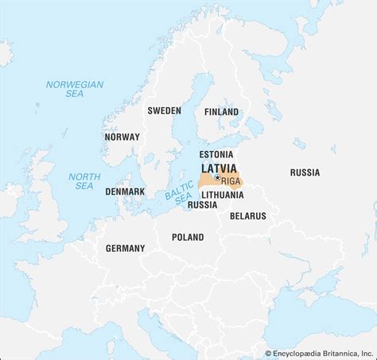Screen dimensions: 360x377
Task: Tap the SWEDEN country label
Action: tap(164, 110)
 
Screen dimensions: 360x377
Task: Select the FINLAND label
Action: tap(221, 112)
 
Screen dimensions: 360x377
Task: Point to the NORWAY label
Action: tap(122, 137)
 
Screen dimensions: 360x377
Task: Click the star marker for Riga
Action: tap(217, 178)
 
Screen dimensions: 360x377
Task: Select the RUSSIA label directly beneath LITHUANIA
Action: tap(203, 204)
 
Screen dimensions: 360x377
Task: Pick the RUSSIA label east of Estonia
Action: tap(305, 172)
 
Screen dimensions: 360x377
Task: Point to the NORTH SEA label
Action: tap(80, 180)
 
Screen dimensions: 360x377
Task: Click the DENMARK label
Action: tap(125, 192)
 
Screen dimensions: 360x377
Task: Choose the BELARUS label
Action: tap(247, 215)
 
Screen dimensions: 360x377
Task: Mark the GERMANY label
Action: tap(125, 248)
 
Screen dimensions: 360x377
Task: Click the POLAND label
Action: tap(188, 236)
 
